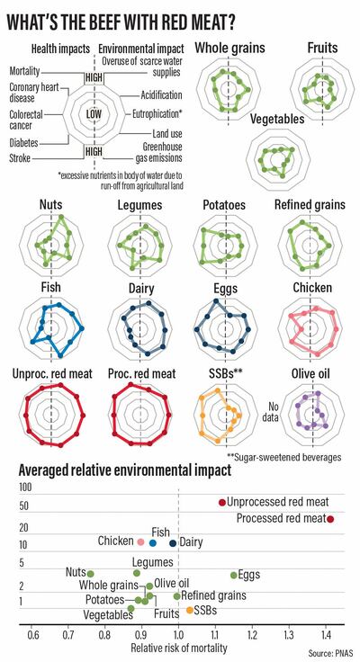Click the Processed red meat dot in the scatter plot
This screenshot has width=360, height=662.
(x=331, y=520)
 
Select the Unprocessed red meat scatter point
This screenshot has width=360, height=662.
(x=222, y=502)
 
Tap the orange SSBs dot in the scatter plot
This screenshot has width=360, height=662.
(x=190, y=611)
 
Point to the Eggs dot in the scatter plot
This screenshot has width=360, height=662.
(x=234, y=575)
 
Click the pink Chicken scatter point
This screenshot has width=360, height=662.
(x=140, y=541)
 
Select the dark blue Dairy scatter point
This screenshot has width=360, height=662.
(x=174, y=542)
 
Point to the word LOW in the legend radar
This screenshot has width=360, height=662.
(x=92, y=114)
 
